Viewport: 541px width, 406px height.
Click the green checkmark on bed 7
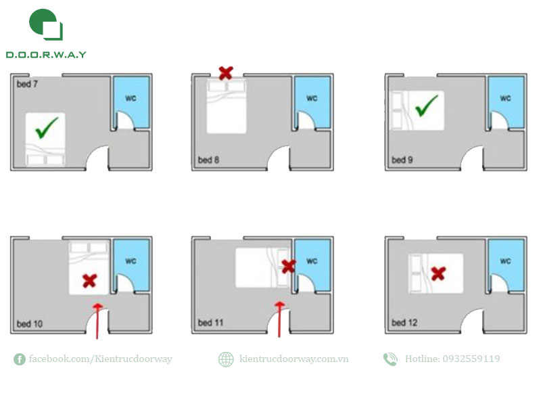click(x=46, y=128)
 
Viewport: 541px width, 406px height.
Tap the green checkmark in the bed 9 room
click(x=426, y=106)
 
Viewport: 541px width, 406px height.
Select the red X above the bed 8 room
click(x=226, y=73)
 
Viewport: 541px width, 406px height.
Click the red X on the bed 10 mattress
click(x=90, y=281)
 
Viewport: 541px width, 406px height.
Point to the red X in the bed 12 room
click(x=438, y=273)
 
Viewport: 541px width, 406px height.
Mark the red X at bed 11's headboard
click(x=289, y=266)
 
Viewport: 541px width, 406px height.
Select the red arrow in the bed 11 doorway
click(x=279, y=319)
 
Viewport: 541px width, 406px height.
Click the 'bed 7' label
click(x=27, y=84)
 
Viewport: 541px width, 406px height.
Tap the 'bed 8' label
click(x=208, y=160)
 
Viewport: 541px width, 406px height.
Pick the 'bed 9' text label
click(x=402, y=160)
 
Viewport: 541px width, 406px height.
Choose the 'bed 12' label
click(x=404, y=323)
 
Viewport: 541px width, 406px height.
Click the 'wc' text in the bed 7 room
click(x=131, y=98)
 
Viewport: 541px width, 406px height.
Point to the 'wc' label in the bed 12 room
click(x=505, y=261)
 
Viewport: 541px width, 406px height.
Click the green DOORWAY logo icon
click(x=46, y=24)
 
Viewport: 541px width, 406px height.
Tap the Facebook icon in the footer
click(x=20, y=359)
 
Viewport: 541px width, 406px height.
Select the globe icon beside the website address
click(x=226, y=359)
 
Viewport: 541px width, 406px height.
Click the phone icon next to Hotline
click(x=390, y=359)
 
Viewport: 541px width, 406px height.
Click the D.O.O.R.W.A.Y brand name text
click(x=46, y=55)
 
